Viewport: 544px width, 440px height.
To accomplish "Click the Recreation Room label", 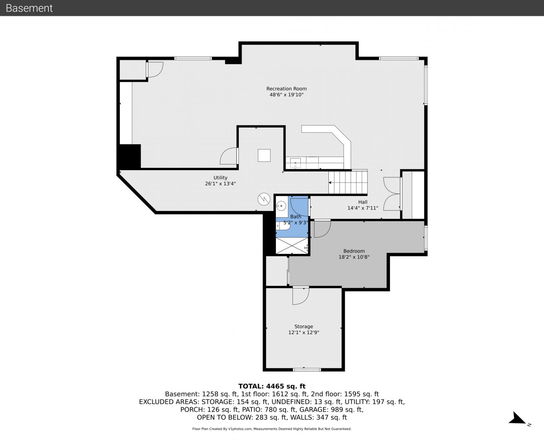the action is coord(286,89).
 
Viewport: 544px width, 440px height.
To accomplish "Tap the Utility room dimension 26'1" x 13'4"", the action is coord(220,184).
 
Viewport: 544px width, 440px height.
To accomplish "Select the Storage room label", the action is coord(304,326).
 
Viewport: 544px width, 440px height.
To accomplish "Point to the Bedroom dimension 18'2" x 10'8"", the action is coord(354,257).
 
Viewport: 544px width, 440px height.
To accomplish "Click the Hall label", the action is coord(363,202).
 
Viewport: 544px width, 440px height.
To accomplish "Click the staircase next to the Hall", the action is coord(348,183).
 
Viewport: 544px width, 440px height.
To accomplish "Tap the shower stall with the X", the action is coord(292,245).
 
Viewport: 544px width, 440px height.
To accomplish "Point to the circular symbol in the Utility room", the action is coord(264,199).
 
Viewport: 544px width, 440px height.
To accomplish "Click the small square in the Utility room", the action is coord(264,155).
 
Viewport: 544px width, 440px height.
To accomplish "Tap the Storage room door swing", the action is coord(301,296).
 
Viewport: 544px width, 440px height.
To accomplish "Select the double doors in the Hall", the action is coord(392,194).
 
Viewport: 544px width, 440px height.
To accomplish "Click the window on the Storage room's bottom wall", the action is coord(307,370).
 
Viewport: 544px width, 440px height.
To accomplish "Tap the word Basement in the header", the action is coord(29,8).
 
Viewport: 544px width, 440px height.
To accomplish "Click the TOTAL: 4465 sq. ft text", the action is coord(272,386).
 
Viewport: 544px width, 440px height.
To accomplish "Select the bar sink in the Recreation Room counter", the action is coord(295,163).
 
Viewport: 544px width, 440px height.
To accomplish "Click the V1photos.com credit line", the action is coord(272,429).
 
